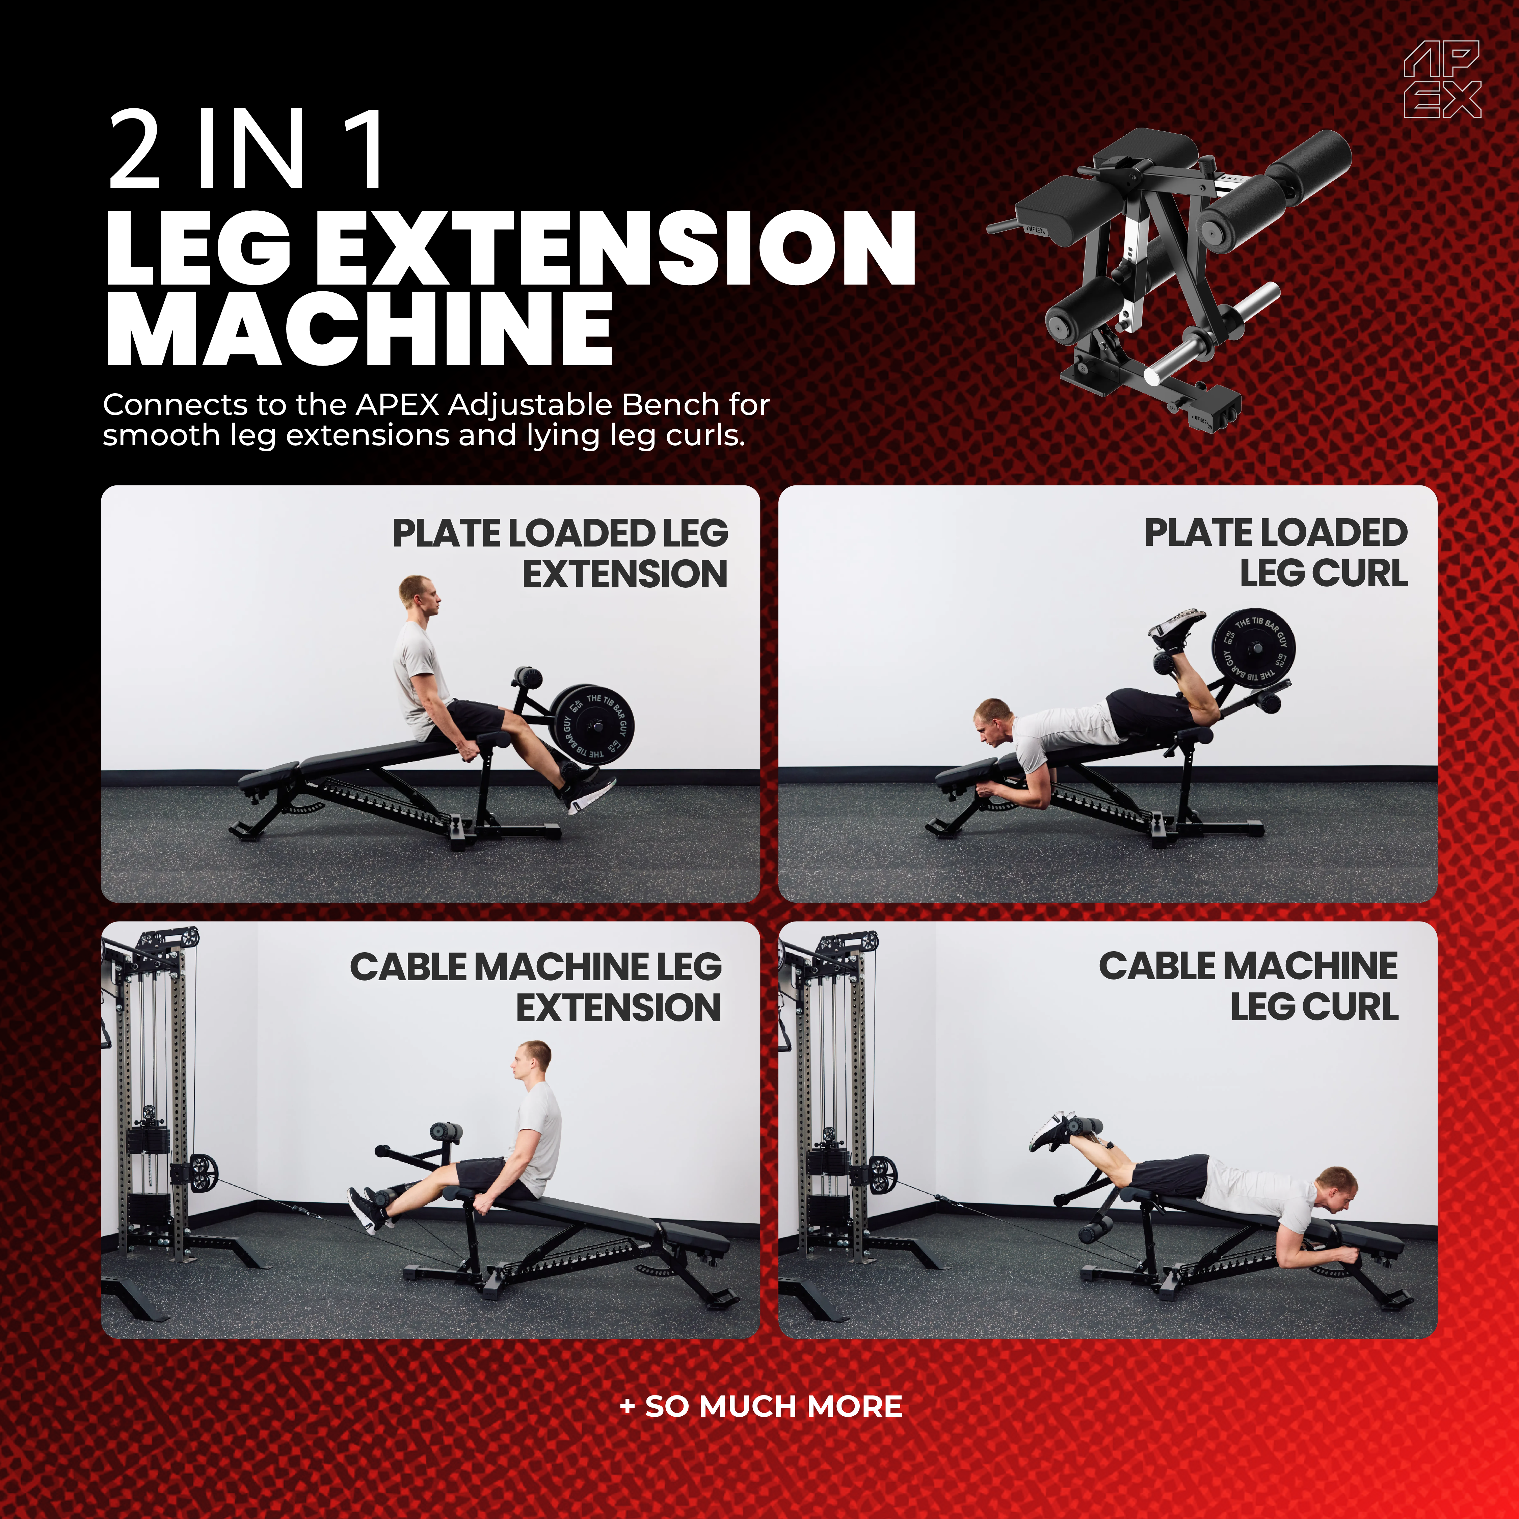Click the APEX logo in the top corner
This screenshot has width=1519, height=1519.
click(x=1442, y=79)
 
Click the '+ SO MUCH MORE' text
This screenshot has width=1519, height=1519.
click(x=761, y=1406)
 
